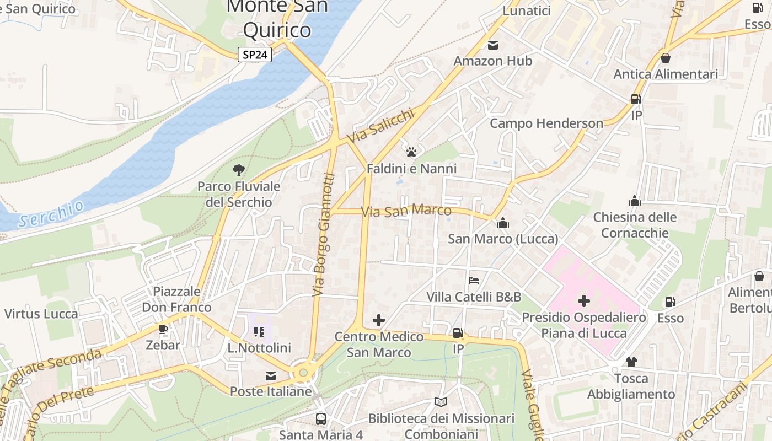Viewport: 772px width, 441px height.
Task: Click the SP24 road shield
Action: tap(255, 55)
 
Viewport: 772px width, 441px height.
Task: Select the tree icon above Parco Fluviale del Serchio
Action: tap(239, 170)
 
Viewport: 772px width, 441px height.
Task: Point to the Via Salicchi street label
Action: tap(380, 126)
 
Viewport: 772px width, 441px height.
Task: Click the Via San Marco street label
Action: tap(406, 211)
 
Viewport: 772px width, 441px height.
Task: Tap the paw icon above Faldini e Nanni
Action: tap(411, 152)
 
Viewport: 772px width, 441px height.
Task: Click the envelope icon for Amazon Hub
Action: tap(492, 45)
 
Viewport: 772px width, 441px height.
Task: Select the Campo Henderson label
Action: tap(546, 123)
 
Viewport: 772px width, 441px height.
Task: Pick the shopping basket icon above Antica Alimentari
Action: tap(666, 57)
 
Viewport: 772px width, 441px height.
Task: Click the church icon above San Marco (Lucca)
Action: tap(502, 223)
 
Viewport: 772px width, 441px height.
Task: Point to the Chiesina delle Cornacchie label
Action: tap(635, 225)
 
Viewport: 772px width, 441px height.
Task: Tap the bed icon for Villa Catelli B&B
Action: tap(473, 281)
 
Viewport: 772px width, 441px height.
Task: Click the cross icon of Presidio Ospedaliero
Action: tap(583, 301)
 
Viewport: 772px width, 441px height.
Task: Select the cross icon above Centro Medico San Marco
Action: tap(379, 320)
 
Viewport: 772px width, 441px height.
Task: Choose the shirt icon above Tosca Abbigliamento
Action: tap(631, 362)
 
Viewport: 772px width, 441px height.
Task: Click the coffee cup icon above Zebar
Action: tap(163, 329)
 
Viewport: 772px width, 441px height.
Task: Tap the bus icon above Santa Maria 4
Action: tap(320, 418)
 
